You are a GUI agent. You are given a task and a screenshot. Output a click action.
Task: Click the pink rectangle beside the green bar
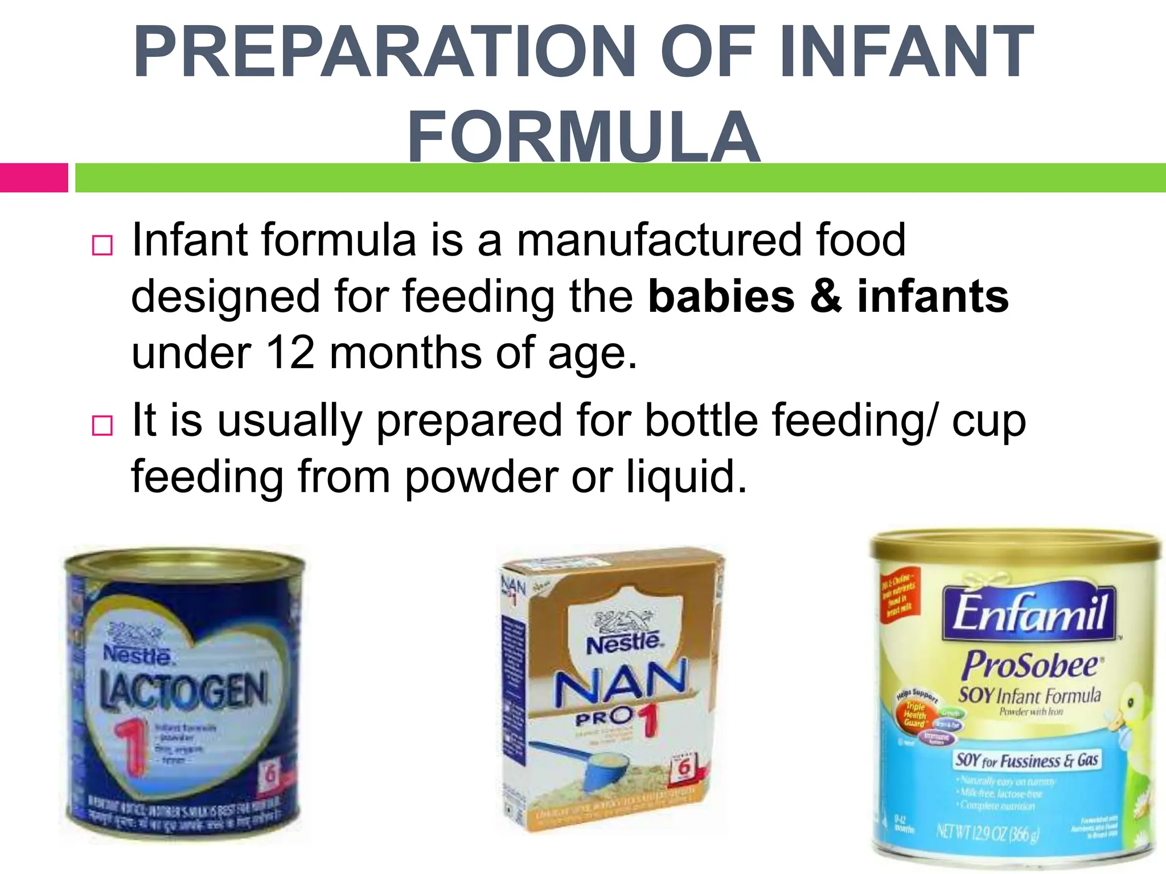(34, 178)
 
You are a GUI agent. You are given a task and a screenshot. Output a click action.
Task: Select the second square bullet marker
(102, 425)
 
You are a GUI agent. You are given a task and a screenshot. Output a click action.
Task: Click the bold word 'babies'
(721, 296)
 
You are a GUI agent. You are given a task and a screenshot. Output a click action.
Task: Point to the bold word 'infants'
(933, 296)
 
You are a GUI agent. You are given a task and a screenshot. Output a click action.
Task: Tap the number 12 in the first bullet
(290, 353)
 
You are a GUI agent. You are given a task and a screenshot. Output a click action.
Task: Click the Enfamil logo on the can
(1029, 613)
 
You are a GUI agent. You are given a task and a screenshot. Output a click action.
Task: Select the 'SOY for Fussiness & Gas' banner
(1027, 760)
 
